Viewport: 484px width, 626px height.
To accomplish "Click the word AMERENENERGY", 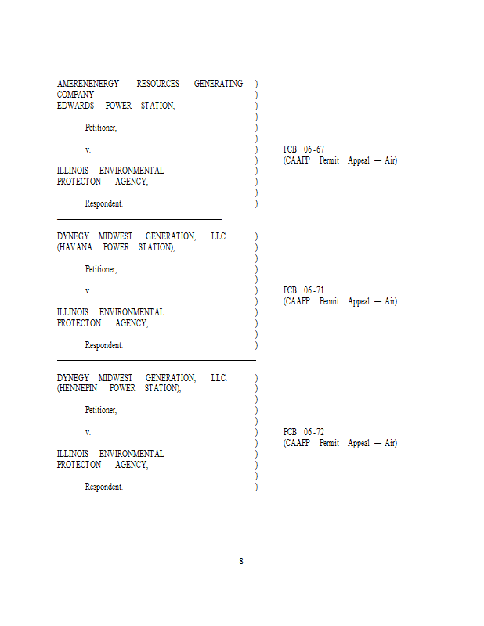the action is (88, 84).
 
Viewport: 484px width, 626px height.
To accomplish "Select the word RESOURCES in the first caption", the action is (158, 84).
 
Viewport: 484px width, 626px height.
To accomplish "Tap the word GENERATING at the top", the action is (219, 84).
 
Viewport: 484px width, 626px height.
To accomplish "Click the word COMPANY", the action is (75, 95).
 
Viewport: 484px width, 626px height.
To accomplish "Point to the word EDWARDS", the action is (75, 106).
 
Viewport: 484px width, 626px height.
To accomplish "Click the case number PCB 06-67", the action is (304, 149).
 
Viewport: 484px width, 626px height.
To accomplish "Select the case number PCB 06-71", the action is (304, 290).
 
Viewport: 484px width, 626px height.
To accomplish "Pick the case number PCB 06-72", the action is (304, 432).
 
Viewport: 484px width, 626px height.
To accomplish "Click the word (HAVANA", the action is (74, 247).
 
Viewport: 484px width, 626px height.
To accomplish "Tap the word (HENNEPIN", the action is (77, 388).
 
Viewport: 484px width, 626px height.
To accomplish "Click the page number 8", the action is (241, 561).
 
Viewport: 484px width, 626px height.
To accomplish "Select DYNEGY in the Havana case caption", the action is (73, 236).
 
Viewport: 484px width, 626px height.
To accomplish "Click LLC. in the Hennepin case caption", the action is (219, 378).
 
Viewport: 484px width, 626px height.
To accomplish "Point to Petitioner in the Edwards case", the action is (101, 128).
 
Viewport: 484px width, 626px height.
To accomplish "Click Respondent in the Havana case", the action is (104, 345).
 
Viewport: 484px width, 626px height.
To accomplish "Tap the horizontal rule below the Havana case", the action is (157, 360).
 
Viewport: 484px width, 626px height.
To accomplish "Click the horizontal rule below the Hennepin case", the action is (139, 502).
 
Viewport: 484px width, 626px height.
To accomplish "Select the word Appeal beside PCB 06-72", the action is (359, 443).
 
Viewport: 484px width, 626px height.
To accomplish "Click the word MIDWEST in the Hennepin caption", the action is (115, 378).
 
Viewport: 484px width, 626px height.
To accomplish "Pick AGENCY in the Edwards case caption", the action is (132, 182).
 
